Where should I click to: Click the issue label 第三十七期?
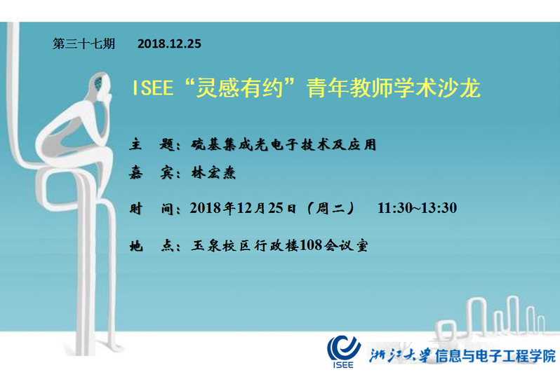(84, 44)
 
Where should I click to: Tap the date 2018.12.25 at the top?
(169, 44)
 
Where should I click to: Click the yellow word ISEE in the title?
(152, 88)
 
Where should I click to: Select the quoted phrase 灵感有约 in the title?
(239, 88)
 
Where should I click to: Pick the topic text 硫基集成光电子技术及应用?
(284, 144)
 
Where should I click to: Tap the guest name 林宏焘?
(213, 173)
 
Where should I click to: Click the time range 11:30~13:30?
(417, 208)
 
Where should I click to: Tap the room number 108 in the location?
(311, 245)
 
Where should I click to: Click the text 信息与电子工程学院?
(495, 356)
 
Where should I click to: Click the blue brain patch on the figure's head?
(98, 83)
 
